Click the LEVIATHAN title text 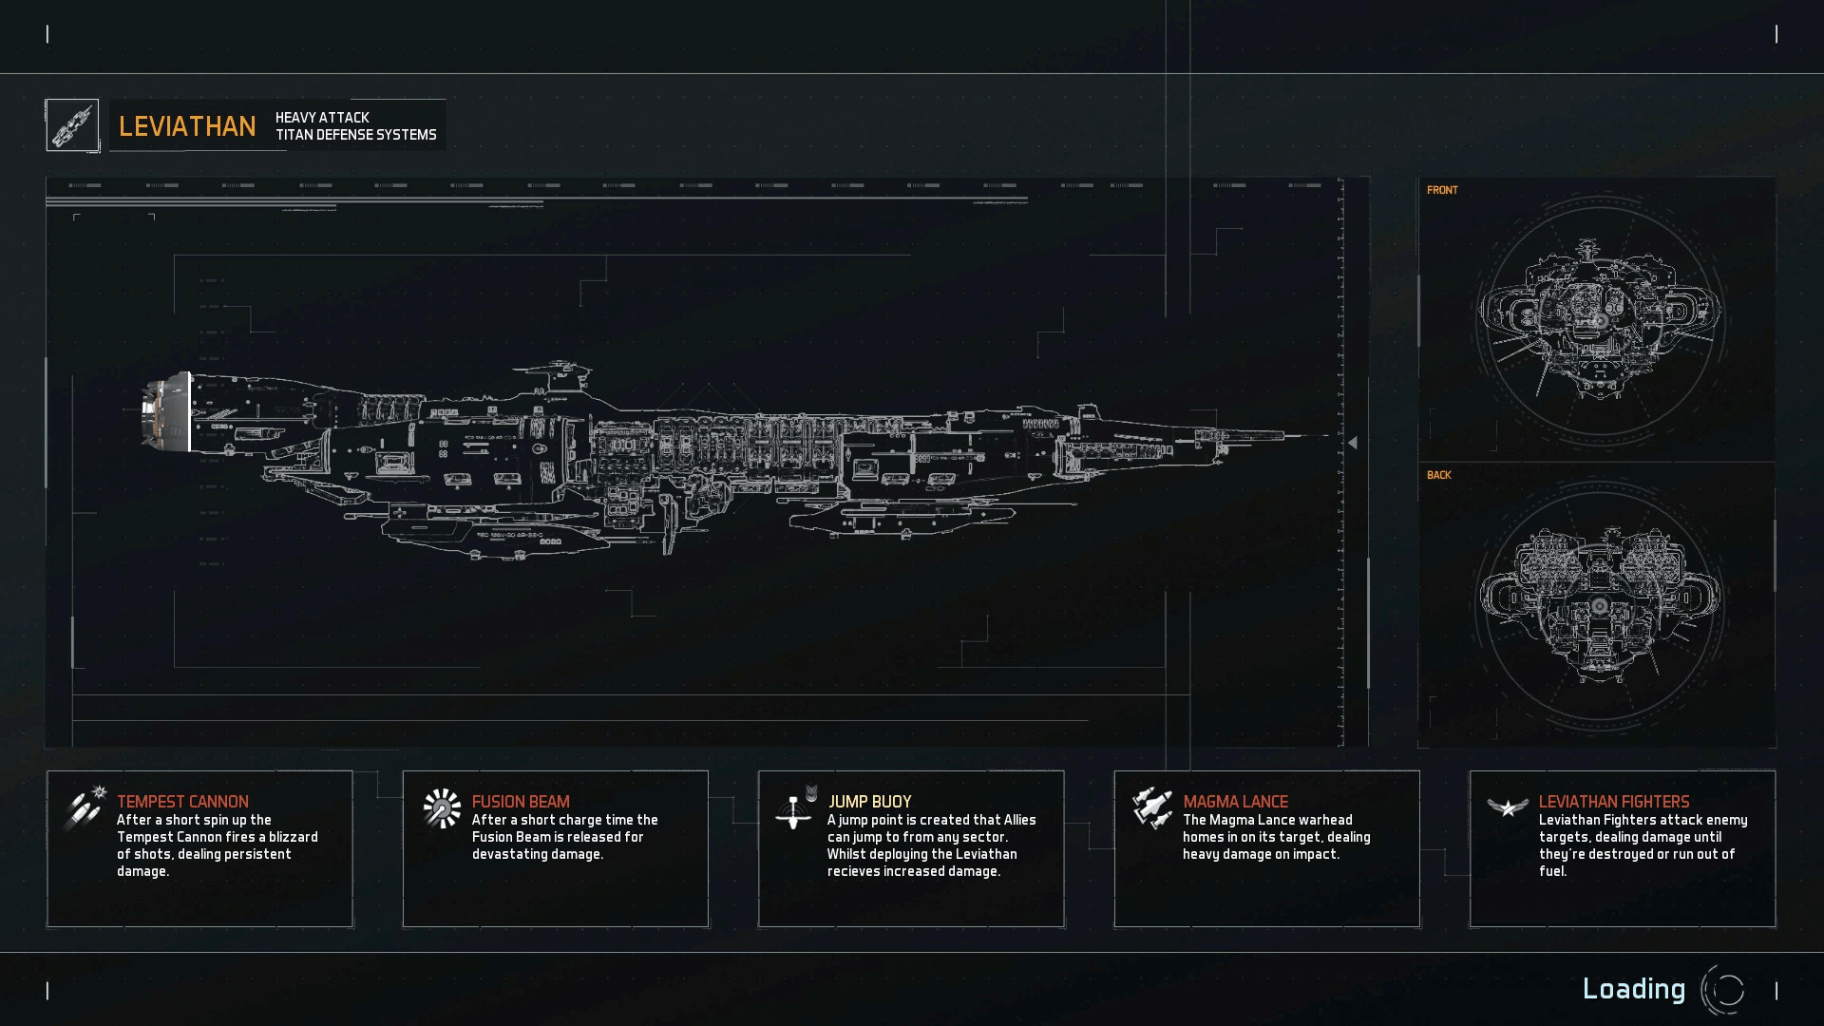coord(187,126)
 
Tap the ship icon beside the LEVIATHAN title coord(72,125)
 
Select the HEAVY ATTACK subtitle coord(322,118)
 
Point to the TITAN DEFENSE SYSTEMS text coord(356,135)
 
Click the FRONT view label coord(1442,190)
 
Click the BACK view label coord(1438,475)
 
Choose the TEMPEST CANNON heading coord(182,802)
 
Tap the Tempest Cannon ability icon coord(84,807)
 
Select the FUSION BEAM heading coord(521,802)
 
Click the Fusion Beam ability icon coord(442,808)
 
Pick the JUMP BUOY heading coord(869,802)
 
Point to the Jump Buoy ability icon coord(796,809)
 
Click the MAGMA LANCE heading coord(1235,802)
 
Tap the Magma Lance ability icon coord(1151,807)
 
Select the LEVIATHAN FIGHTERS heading coord(1613,802)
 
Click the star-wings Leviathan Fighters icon coord(1507,807)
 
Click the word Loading coord(1633,989)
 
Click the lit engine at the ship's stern coord(163,410)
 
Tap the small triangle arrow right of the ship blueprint coord(1352,443)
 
